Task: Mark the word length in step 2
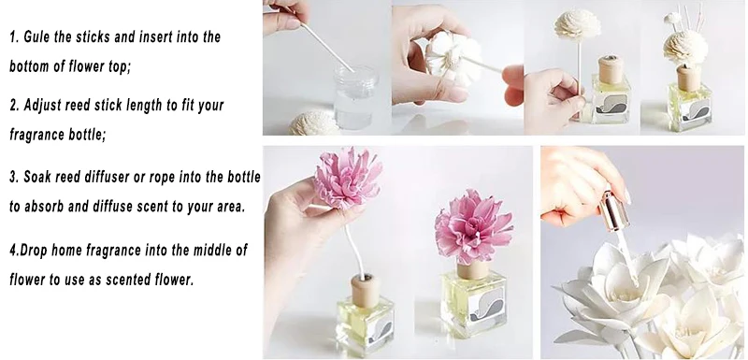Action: (x=150, y=105)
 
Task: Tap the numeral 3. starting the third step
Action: (x=15, y=176)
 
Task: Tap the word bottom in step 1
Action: (x=38, y=68)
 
